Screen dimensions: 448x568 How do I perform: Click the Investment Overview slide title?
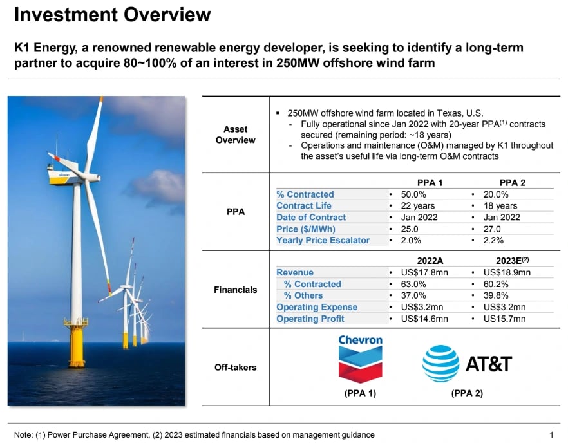(112, 15)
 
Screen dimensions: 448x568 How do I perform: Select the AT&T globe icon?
(440, 364)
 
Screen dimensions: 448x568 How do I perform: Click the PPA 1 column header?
(430, 183)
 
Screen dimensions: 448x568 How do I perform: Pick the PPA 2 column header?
(513, 183)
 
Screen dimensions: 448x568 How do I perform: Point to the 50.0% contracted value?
(413, 194)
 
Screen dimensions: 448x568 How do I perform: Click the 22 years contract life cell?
(417, 206)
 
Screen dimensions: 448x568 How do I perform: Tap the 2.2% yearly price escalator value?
(493, 241)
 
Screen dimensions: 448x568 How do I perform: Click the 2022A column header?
(430, 261)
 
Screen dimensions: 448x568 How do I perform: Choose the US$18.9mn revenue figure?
(507, 272)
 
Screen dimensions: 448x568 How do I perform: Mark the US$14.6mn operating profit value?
(424, 319)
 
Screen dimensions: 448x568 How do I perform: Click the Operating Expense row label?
(316, 307)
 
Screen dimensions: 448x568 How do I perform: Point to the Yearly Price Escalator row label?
(323, 241)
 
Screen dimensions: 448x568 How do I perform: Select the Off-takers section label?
(235, 368)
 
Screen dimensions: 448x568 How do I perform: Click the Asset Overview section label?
(235, 135)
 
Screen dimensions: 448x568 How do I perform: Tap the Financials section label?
(235, 290)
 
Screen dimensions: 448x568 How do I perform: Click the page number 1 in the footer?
(551, 434)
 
